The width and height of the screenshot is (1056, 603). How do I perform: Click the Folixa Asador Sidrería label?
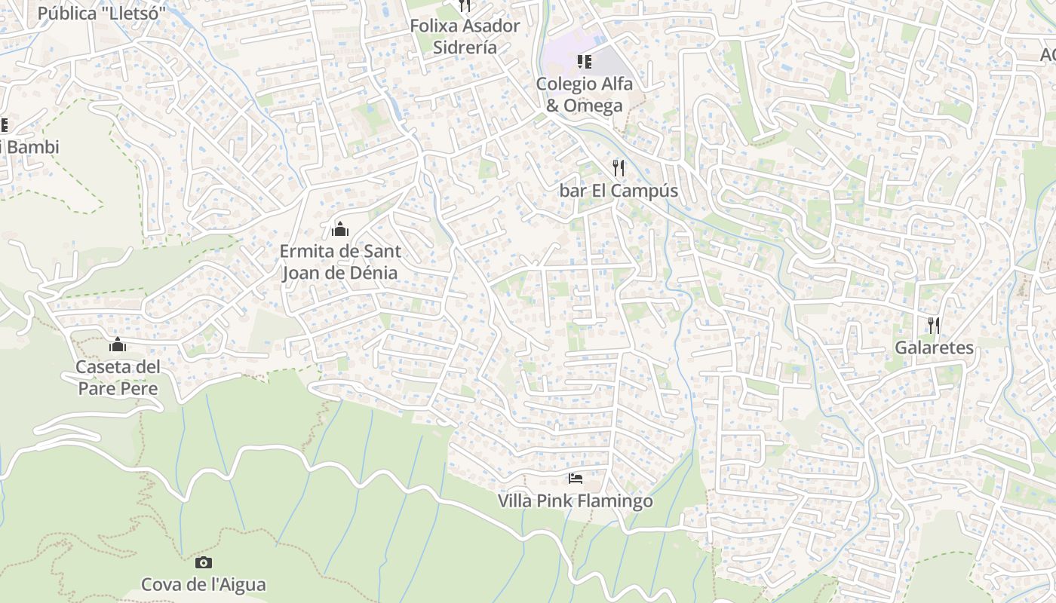[465, 36]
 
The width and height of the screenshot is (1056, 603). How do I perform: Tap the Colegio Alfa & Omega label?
[584, 94]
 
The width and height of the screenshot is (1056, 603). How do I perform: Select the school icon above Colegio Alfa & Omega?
[584, 61]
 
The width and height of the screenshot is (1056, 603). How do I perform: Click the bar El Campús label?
[619, 191]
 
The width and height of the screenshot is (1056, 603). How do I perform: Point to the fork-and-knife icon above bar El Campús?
[619, 167]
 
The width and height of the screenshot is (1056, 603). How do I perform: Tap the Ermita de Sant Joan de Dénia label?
[340, 262]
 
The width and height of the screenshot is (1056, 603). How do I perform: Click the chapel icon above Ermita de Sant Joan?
[340, 228]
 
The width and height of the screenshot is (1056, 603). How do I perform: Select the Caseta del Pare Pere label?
[118, 378]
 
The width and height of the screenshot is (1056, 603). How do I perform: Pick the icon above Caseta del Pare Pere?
[118, 344]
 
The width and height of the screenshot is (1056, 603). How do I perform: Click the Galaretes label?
[934, 347]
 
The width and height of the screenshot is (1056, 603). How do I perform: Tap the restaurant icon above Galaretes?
[934, 325]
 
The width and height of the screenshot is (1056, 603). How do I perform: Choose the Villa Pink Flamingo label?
[576, 500]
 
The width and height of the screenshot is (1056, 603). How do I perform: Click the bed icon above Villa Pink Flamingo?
[576, 478]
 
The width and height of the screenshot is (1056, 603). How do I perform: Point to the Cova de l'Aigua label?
[204, 584]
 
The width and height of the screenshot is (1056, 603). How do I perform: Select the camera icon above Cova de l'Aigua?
[204, 562]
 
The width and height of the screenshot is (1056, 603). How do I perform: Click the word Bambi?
[33, 147]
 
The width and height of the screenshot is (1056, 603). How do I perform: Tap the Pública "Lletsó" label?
[101, 14]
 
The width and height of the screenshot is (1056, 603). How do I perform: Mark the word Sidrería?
[465, 47]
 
